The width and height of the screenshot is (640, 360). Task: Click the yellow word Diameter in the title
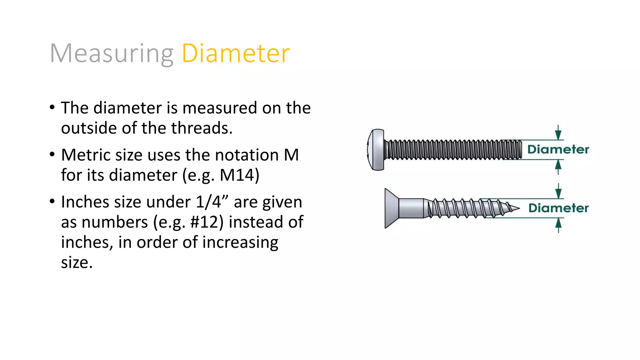(x=236, y=53)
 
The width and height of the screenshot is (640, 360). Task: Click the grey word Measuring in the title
(x=112, y=54)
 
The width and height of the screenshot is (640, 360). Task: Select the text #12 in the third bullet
(x=207, y=222)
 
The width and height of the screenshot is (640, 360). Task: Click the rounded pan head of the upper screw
(x=376, y=150)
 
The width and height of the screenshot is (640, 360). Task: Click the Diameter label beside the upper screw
(x=558, y=149)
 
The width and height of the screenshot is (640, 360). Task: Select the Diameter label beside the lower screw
(x=558, y=208)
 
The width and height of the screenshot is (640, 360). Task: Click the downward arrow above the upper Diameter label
(x=558, y=133)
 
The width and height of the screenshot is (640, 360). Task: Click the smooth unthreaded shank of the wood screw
(x=411, y=208)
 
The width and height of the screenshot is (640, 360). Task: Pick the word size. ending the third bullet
(x=77, y=262)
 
